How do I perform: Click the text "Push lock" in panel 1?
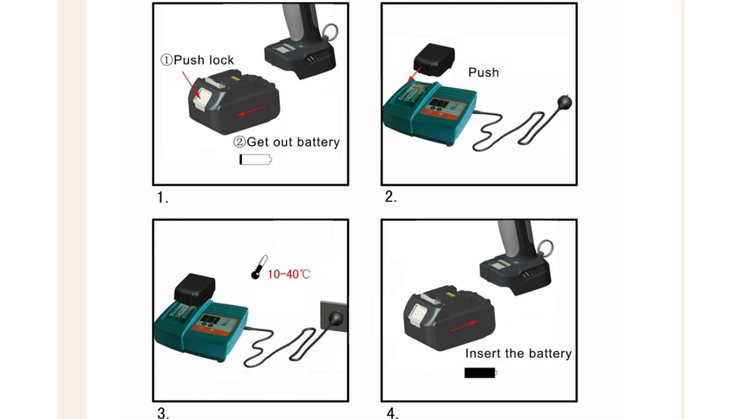197,60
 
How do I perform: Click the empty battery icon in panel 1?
255,159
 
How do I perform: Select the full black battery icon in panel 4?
481,373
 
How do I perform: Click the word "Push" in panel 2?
484,72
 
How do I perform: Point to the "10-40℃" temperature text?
289,274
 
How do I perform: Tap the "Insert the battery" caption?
519,354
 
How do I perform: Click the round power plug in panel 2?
564,102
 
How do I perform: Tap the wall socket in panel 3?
334,317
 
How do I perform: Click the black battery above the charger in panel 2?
433,58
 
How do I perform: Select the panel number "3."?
163,413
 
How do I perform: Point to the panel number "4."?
393,413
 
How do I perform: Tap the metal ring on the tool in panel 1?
331,31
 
